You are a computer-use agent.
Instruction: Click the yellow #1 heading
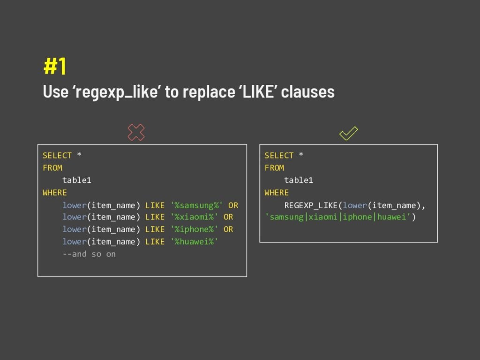click(55, 67)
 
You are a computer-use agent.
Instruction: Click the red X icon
click(136, 133)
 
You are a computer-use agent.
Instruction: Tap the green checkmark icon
click(348, 133)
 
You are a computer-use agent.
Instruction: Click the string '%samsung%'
click(197, 205)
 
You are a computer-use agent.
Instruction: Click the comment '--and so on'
click(89, 254)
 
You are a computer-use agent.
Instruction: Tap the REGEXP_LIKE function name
click(311, 205)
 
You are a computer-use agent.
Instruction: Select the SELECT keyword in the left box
click(57, 155)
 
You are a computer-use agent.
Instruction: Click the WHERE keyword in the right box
click(277, 192)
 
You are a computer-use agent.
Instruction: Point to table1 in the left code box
click(77, 180)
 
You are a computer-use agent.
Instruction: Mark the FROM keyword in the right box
click(274, 168)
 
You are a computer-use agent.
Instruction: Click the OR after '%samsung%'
click(233, 205)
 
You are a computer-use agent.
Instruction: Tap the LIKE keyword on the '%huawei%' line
click(155, 241)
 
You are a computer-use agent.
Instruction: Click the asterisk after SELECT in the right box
click(301, 155)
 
